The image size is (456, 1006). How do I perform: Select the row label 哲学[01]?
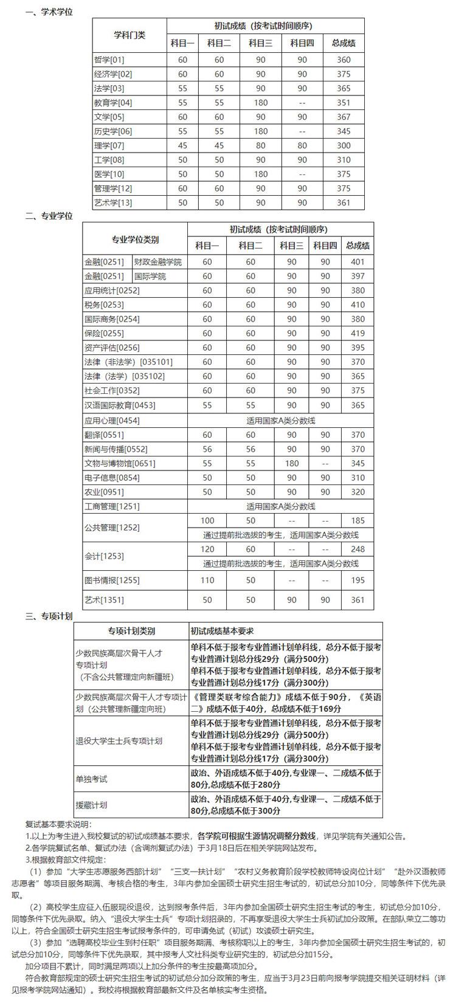coord(109,60)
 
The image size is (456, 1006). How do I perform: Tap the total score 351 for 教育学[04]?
coord(344,103)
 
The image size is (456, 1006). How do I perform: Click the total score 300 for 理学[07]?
coord(344,145)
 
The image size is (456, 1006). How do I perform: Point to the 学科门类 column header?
coord(130,35)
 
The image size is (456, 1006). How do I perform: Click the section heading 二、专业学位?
coord(49,216)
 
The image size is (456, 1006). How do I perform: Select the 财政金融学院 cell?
coord(158,262)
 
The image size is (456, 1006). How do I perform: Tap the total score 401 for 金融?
coord(358,262)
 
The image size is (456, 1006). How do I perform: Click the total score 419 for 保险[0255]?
coord(358,333)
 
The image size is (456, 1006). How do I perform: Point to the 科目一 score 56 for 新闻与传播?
coord(207,449)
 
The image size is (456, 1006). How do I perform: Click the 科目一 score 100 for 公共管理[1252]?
coord(207,520)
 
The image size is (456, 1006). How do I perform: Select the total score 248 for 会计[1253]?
coord(358,549)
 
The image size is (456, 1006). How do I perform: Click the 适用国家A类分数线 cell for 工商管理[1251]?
coord(281,506)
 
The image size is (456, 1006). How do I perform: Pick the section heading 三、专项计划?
coord(49,616)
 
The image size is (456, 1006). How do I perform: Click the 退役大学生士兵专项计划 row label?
coord(119,741)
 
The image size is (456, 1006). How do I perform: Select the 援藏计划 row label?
coord(91,805)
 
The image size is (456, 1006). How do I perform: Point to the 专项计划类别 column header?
coord(131,630)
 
